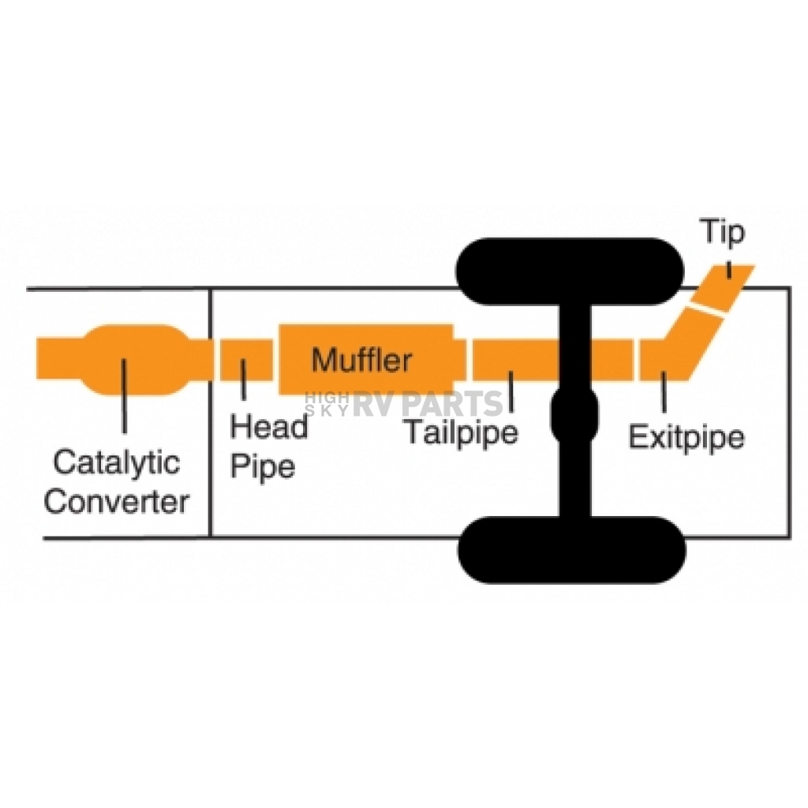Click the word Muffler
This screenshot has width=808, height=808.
(x=361, y=359)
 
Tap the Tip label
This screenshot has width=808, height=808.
(x=723, y=232)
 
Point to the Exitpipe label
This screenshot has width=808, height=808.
(x=687, y=437)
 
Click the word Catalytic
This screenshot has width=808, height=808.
(x=117, y=462)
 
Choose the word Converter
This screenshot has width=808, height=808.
(x=117, y=501)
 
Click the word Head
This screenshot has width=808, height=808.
(x=269, y=427)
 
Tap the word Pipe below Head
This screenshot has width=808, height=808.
(x=263, y=466)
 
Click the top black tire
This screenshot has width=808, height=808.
(x=570, y=271)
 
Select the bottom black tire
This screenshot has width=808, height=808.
(x=572, y=550)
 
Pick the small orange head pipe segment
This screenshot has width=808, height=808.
(x=246, y=360)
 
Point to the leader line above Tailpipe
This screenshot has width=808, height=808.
(x=511, y=391)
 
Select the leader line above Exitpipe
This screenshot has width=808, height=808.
(x=664, y=391)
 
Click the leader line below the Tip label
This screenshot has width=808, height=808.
(x=728, y=270)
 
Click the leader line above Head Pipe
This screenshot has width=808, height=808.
(x=243, y=380)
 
